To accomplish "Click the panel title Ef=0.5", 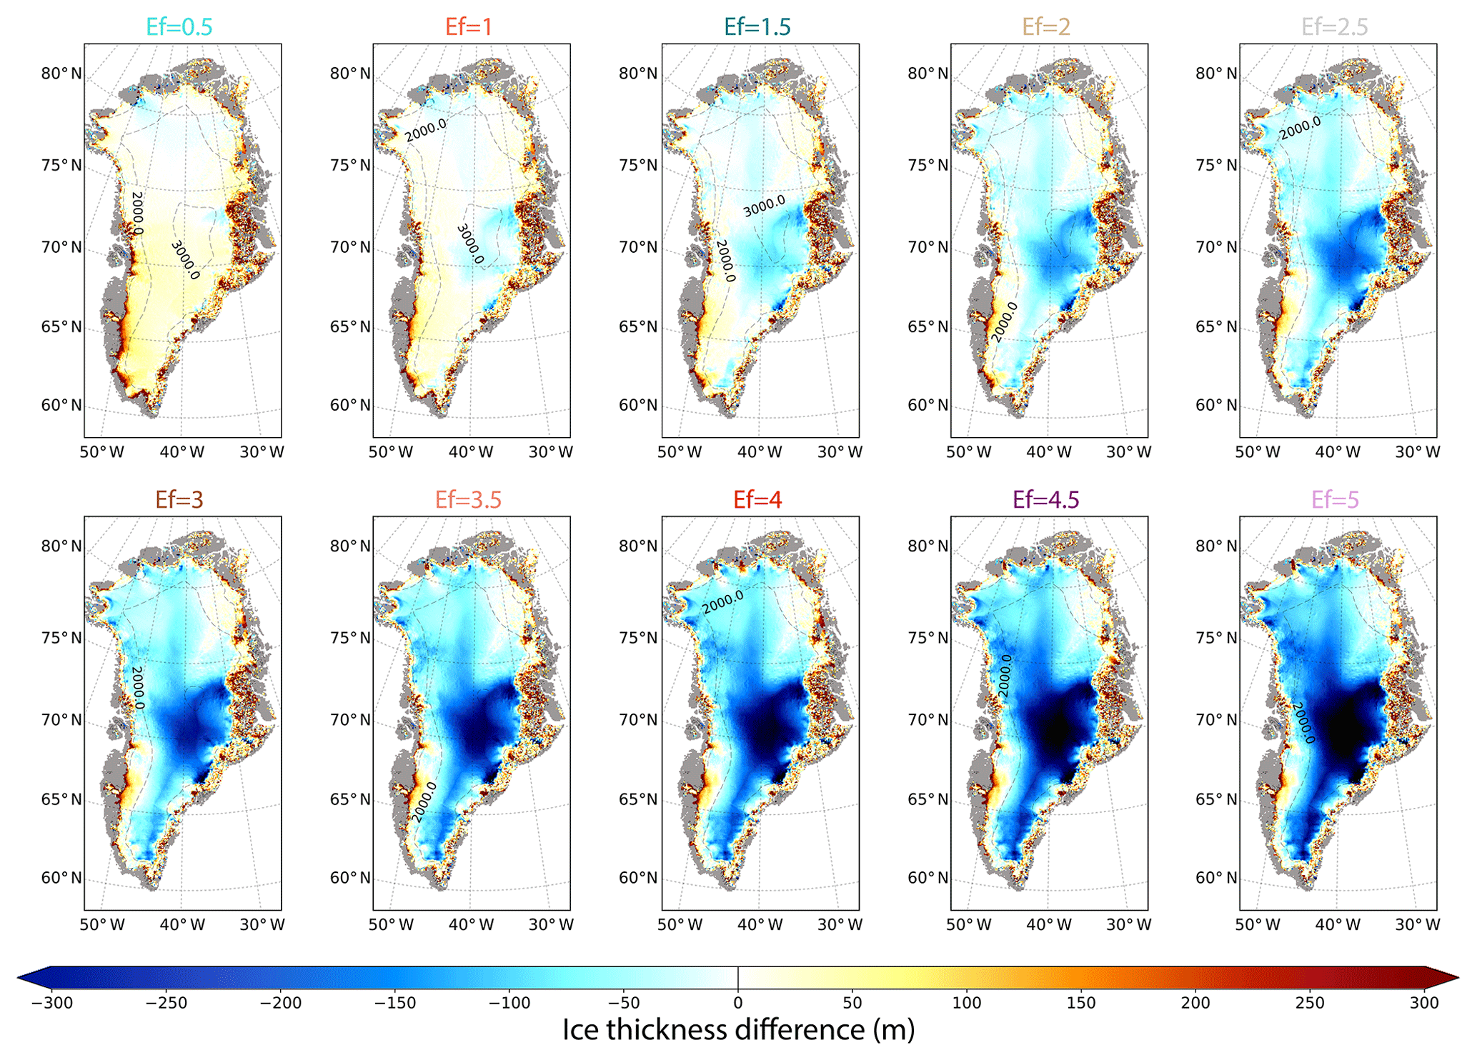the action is [179, 26].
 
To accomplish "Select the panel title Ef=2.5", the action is [1334, 26].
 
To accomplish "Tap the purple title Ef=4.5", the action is [1046, 499].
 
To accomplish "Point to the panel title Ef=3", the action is [179, 499].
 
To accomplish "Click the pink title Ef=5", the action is [1335, 499].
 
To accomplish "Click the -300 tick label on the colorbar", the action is [52, 1003].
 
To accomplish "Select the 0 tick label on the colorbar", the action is [738, 1003].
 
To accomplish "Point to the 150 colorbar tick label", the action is [1081, 1003].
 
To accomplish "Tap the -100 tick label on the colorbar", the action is [509, 1003].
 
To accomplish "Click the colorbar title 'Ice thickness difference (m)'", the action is [738, 1029].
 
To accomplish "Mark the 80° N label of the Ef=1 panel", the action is [350, 74].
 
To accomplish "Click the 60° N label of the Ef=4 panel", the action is [639, 878].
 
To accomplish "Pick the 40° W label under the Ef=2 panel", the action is [1048, 451].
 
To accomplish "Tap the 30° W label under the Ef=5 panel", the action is [1418, 924].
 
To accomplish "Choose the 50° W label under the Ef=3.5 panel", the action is [391, 924].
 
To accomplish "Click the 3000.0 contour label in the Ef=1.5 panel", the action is [764, 206].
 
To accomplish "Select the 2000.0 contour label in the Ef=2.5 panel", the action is [1300, 128].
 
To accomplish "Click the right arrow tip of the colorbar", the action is [1459, 977].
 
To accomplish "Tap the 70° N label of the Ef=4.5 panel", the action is [928, 720].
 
